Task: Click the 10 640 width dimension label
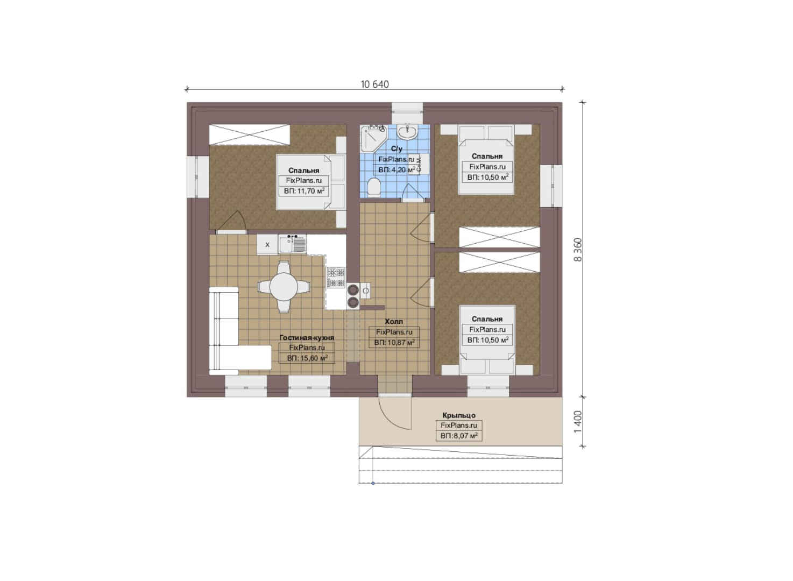tap(374, 84)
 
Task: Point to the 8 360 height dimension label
tap(577, 250)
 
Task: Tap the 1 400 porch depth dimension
tap(577, 422)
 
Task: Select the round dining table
tap(284, 287)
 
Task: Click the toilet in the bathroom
tap(373, 187)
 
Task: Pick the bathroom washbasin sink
tap(407, 132)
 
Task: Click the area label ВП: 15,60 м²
tap(307, 358)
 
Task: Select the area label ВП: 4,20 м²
tap(397, 169)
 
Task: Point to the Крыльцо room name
tap(459, 415)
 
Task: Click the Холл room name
tap(394, 322)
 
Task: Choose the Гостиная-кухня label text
tap(307, 337)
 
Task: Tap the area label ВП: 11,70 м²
tap(304, 191)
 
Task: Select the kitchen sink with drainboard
tap(293, 244)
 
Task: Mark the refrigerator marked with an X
tap(267, 244)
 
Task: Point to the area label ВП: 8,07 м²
tap(459, 436)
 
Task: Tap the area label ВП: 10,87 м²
tap(394, 343)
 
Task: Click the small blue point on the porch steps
tap(373, 483)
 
